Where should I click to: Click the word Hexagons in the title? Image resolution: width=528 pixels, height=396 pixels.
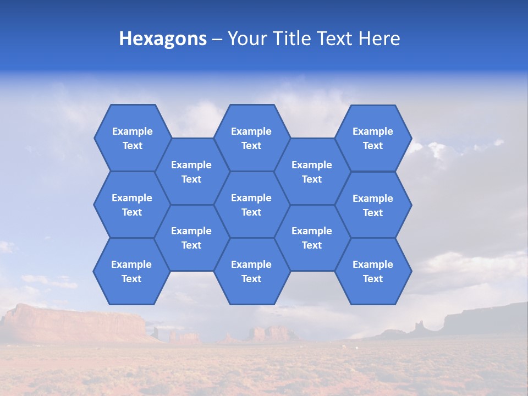[x=163, y=38]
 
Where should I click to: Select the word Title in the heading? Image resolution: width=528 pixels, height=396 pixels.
[x=295, y=38]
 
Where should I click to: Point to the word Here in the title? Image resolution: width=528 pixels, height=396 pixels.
[x=380, y=38]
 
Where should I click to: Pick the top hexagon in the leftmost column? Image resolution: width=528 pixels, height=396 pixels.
[x=132, y=138]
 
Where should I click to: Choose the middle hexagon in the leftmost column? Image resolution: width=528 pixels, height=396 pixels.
[x=132, y=205]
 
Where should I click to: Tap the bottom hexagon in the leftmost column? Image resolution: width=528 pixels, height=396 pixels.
[x=131, y=271]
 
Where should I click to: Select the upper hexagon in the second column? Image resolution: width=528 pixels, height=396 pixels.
[x=191, y=172]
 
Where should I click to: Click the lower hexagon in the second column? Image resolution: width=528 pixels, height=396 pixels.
[x=191, y=238]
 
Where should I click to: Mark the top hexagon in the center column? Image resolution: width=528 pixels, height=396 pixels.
[x=251, y=138]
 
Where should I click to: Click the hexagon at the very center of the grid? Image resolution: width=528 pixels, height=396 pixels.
[x=251, y=205]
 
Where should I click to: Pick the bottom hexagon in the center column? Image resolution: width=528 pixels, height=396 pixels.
[x=251, y=271]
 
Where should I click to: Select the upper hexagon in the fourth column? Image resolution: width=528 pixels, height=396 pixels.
[x=312, y=172]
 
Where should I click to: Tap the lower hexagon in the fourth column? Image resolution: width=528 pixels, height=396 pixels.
[x=312, y=238]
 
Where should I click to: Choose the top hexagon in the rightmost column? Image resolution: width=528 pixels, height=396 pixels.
[x=373, y=138]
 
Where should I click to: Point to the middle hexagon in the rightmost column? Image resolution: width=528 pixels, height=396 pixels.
[x=373, y=205]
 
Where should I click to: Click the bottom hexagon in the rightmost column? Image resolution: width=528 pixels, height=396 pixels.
[x=373, y=271]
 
